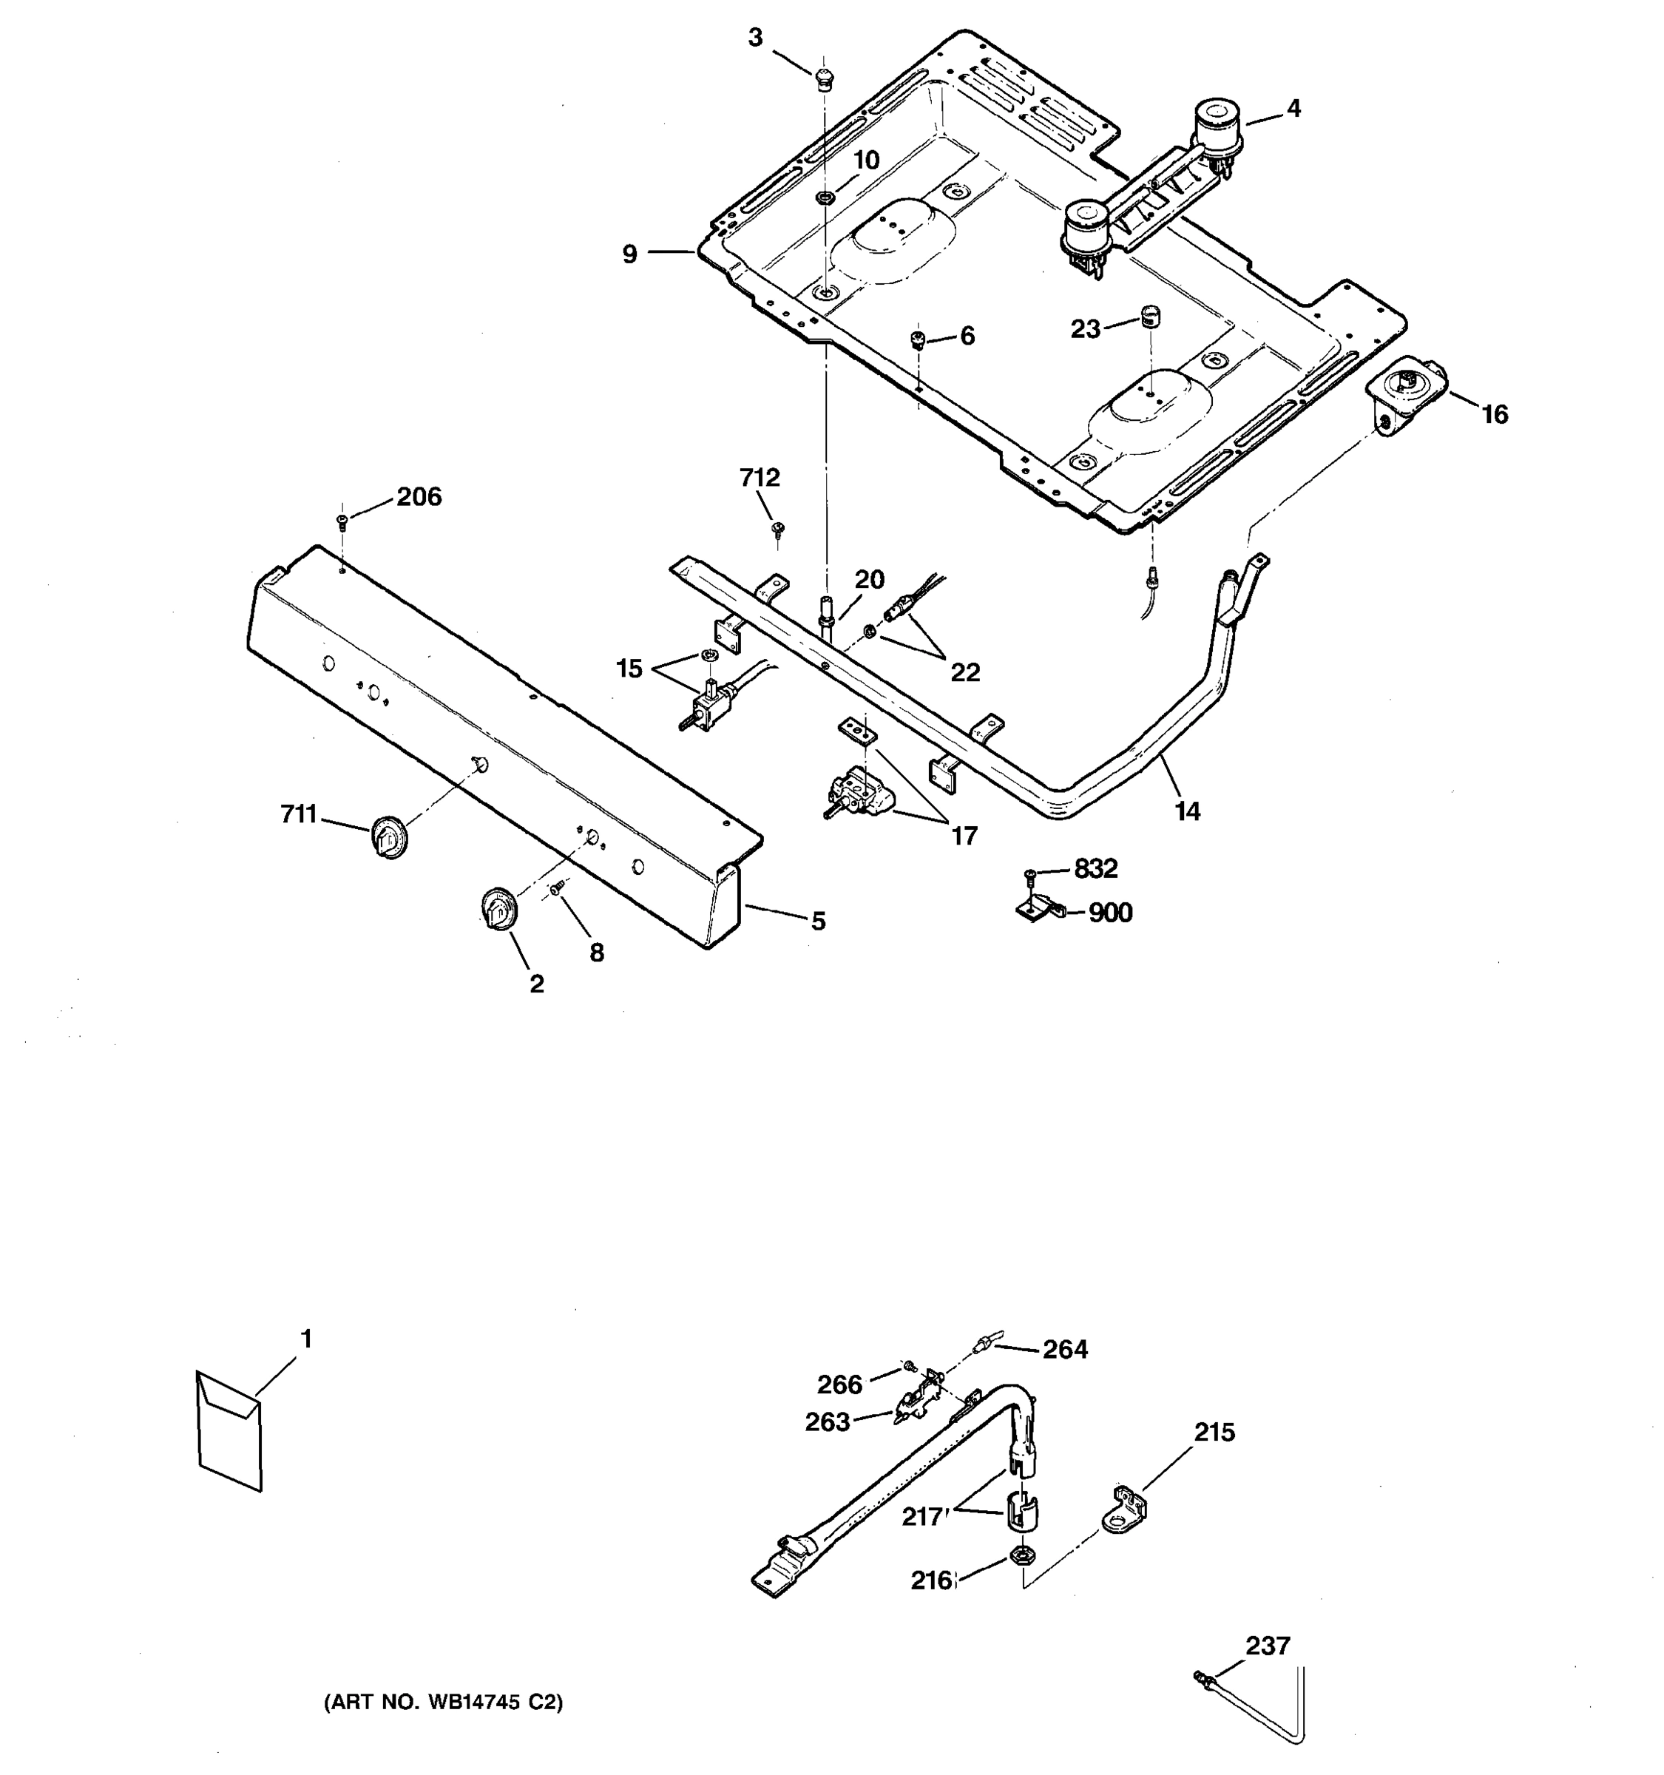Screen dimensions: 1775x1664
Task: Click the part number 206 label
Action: tap(419, 497)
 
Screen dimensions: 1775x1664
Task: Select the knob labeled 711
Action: tap(388, 836)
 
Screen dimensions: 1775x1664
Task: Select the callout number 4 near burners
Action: tap(1293, 109)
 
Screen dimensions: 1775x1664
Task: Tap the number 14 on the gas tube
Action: tap(1186, 811)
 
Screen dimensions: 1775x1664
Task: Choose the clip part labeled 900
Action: tap(1040, 910)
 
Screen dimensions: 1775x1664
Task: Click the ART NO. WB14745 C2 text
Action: tap(443, 1702)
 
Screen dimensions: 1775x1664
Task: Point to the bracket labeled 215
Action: tap(1126, 1509)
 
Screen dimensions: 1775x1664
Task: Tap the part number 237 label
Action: tap(1268, 1645)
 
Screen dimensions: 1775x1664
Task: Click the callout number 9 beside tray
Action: tap(630, 254)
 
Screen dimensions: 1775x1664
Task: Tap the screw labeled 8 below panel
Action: tap(558, 887)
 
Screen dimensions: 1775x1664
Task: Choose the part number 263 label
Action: tap(828, 1422)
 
